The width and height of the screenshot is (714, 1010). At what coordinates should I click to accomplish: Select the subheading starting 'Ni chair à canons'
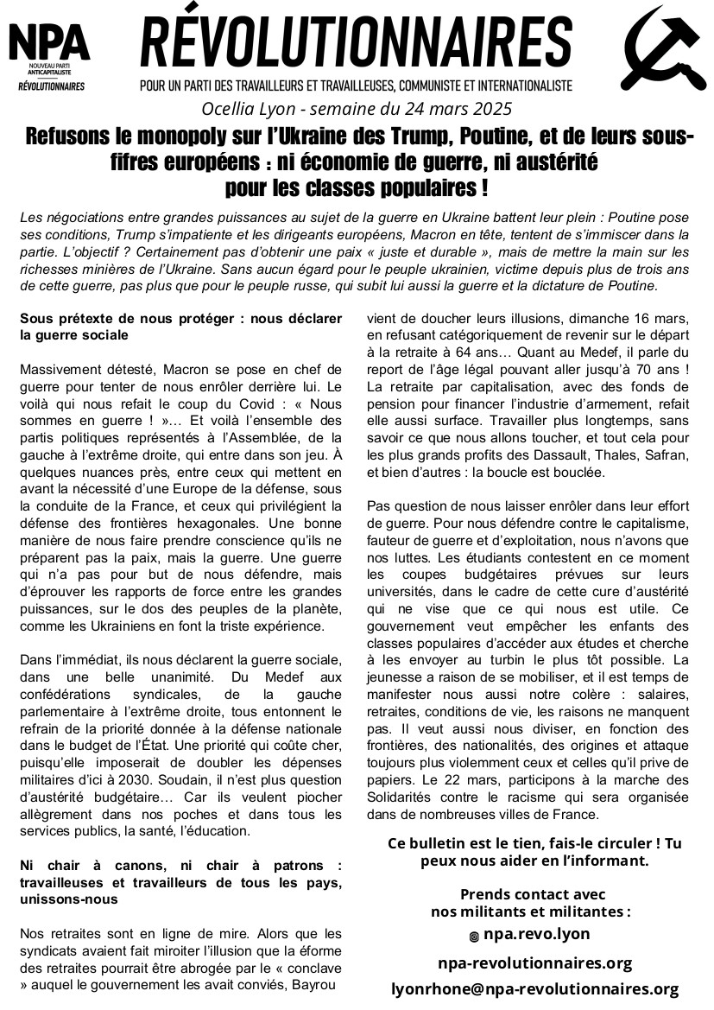coord(180,881)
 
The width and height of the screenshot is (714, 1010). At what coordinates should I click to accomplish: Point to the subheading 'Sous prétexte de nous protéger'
coord(180,326)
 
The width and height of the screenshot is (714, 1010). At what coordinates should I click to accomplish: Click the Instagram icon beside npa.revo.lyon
coord(473,936)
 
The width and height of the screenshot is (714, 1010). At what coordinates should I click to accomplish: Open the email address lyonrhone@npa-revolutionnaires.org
coord(535,989)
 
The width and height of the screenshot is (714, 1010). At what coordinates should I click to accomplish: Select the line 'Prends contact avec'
coord(532,894)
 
